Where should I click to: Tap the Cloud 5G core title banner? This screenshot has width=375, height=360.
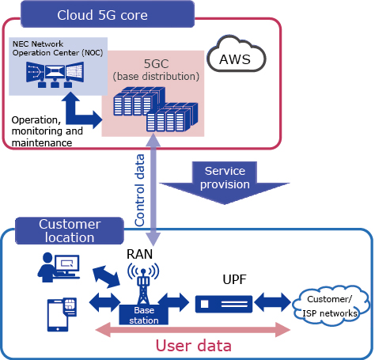108,14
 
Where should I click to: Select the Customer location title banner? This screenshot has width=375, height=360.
70,231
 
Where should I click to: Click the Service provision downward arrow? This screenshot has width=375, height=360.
225,183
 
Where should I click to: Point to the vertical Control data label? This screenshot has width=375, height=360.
139,190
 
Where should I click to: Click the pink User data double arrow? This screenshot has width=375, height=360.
193,330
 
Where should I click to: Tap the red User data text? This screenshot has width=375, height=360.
194,346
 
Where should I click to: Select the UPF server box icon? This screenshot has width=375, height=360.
224,304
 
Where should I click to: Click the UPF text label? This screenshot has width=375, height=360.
234,279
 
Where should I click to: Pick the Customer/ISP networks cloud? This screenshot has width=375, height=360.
330,305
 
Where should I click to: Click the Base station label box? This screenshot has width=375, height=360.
144,315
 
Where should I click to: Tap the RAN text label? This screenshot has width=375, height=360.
139,254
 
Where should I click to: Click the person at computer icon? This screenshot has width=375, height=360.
59,267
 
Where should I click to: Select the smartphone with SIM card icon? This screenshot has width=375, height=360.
62,315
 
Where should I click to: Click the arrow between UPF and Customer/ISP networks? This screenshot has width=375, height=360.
273,302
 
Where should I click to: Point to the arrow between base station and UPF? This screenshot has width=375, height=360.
174,302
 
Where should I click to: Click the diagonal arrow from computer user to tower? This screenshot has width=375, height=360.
106,277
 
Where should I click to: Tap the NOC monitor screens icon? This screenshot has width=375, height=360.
55,74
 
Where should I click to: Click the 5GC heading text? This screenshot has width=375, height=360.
156,64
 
